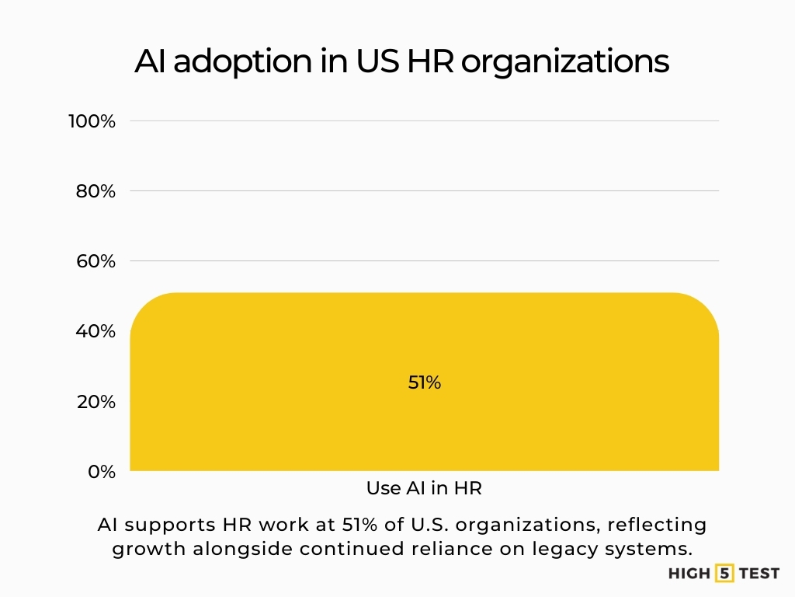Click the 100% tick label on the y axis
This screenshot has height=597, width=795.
92,121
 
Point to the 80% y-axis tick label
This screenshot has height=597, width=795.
95,191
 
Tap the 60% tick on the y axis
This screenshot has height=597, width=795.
95,261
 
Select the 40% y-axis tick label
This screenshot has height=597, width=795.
95,331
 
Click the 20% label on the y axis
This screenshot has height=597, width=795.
95,402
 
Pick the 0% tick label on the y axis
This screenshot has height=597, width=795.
101,472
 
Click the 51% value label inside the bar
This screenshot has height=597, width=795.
425,382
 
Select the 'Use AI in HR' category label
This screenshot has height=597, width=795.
424,489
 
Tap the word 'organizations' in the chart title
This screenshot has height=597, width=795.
564,61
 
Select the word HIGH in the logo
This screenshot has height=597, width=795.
689,574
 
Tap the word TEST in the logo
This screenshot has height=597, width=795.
759,574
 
